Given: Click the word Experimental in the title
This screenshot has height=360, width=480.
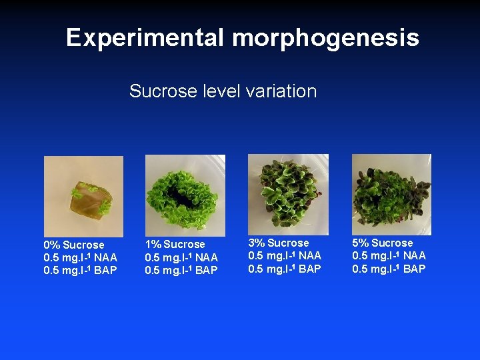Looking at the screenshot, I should point(145,38).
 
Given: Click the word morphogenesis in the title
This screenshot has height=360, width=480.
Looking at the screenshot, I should point(325,38).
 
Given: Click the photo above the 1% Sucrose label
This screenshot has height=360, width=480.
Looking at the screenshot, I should point(185,190).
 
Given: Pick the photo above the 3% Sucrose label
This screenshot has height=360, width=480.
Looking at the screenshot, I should point(287,189).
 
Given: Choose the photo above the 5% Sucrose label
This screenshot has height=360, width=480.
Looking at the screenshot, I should point(391,189).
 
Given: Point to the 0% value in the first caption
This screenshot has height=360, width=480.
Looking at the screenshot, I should point(52,245).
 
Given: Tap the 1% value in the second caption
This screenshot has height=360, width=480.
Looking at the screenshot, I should point(153,245).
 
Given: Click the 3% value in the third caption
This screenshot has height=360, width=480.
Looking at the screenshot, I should point(257,243).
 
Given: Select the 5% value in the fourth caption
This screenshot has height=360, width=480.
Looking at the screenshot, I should point(361,243).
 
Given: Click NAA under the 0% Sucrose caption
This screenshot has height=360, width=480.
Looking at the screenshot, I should point(105,258).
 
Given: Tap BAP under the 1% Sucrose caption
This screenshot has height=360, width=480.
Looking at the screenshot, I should point(206,270).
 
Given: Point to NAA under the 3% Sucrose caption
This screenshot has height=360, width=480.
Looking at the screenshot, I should point(309,256).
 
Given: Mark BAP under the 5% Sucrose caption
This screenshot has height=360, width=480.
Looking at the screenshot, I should point(413,269).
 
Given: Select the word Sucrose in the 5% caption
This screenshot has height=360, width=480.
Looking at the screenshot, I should point(392,243).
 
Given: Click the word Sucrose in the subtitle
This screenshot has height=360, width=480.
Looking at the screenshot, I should point(159,91).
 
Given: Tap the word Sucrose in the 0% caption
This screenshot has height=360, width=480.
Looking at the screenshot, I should point(84,245).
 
